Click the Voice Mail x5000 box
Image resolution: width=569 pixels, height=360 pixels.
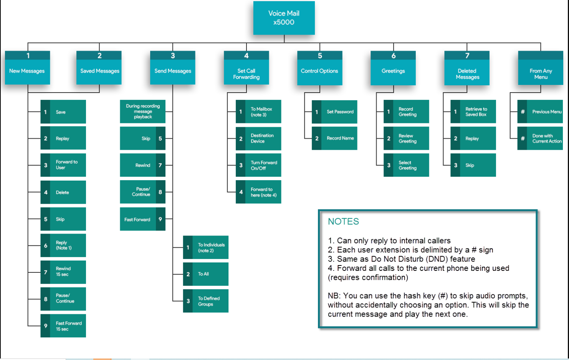click(284, 18)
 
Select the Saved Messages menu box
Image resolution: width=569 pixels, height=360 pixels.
click(99, 68)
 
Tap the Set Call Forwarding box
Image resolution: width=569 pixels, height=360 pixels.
click(246, 68)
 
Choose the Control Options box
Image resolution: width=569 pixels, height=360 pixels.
click(320, 68)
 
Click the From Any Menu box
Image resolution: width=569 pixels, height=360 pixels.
click(541, 68)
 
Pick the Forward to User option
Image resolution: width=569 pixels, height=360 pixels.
click(63, 165)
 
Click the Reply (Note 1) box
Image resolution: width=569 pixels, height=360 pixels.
click(63, 246)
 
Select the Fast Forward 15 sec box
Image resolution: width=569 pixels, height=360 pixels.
click(63, 326)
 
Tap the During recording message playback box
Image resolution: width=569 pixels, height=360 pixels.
click(143, 111)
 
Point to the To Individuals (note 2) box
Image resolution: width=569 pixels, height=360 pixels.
click(206, 247)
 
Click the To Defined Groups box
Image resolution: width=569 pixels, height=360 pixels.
click(206, 301)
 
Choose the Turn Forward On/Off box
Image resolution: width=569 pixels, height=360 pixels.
click(259, 165)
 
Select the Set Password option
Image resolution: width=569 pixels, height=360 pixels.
click(334, 112)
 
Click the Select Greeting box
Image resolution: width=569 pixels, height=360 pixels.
click(407, 165)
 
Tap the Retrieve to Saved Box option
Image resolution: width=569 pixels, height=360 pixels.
click(473, 111)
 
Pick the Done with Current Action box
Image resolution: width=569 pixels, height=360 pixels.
click(540, 138)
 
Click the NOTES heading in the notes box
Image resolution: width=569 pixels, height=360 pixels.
click(343, 221)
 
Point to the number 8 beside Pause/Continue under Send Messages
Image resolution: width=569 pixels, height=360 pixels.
click(160, 192)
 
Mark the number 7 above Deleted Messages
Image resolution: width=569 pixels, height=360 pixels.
click(467, 55)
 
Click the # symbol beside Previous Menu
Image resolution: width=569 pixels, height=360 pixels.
click(523, 111)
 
